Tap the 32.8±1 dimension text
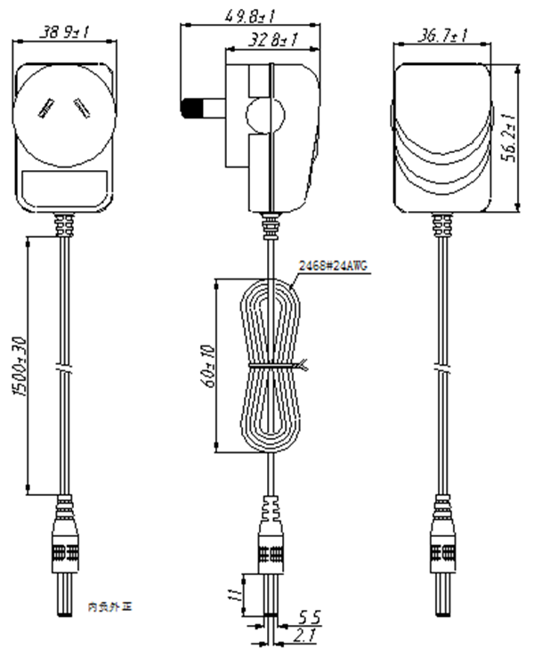(272, 39)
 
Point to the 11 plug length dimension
(234, 594)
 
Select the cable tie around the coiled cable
(273, 367)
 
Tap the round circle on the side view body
(263, 117)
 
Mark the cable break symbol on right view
(442, 367)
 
